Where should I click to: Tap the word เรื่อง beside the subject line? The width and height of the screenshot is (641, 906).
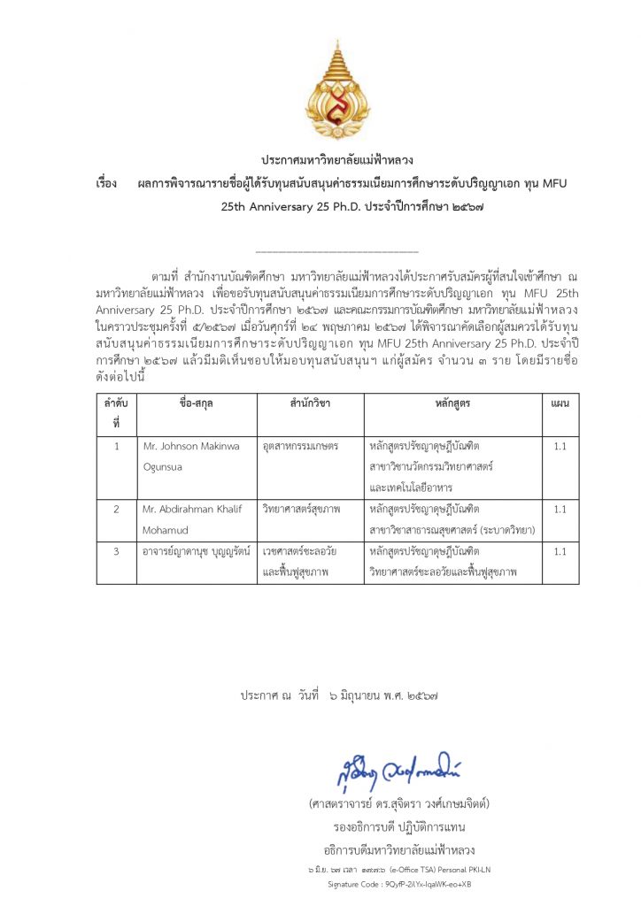coord(105,185)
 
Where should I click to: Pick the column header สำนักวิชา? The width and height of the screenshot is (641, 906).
coord(309,403)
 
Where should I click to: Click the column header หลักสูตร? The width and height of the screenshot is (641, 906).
coord(452,403)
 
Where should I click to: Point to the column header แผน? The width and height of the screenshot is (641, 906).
coord(560,403)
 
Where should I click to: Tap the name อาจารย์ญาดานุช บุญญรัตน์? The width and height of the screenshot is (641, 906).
coord(197,551)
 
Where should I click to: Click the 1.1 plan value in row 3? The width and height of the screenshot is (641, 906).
coord(560,551)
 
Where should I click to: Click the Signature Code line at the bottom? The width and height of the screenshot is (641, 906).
coord(399,884)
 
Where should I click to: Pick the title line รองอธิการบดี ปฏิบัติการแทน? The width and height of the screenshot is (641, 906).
coord(399,827)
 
